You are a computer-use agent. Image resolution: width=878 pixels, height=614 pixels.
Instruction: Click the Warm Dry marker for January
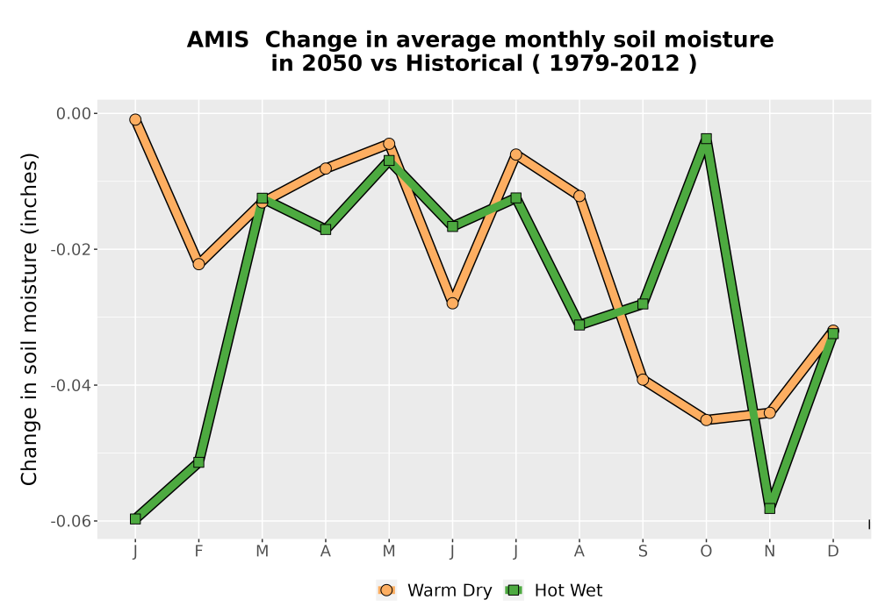[x=135, y=119]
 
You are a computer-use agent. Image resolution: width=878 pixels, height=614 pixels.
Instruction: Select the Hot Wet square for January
[x=135, y=519]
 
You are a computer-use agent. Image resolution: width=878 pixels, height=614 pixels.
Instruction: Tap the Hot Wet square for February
[x=198, y=462]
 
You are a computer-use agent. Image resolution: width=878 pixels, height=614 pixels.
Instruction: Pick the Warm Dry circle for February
[x=198, y=264]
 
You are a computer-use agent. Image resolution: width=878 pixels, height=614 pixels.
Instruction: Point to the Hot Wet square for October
[x=706, y=139]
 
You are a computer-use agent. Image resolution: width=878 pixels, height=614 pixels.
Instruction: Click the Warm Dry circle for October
[x=706, y=419]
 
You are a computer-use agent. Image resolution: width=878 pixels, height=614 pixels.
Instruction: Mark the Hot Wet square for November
[x=770, y=509]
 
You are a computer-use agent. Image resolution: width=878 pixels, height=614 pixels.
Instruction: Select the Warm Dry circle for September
[x=643, y=380]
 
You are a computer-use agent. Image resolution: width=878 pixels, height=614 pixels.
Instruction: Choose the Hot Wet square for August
[x=579, y=325]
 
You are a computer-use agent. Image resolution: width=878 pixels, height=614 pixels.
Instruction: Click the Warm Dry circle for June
[x=452, y=303]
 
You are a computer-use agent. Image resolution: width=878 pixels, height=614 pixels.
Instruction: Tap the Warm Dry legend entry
[x=435, y=590]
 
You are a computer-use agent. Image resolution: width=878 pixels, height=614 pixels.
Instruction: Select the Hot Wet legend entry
[x=553, y=590]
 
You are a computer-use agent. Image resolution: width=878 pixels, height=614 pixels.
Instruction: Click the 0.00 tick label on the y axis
[x=74, y=113]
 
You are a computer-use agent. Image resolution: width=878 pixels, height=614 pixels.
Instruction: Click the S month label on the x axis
[x=643, y=552]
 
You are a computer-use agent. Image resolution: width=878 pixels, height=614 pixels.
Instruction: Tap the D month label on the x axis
[x=833, y=552]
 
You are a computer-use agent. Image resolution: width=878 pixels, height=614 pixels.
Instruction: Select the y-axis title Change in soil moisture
[x=29, y=318]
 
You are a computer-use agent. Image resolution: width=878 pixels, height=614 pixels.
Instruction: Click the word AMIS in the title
[x=218, y=40]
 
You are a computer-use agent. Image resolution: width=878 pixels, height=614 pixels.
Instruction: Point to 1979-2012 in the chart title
[x=615, y=63]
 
